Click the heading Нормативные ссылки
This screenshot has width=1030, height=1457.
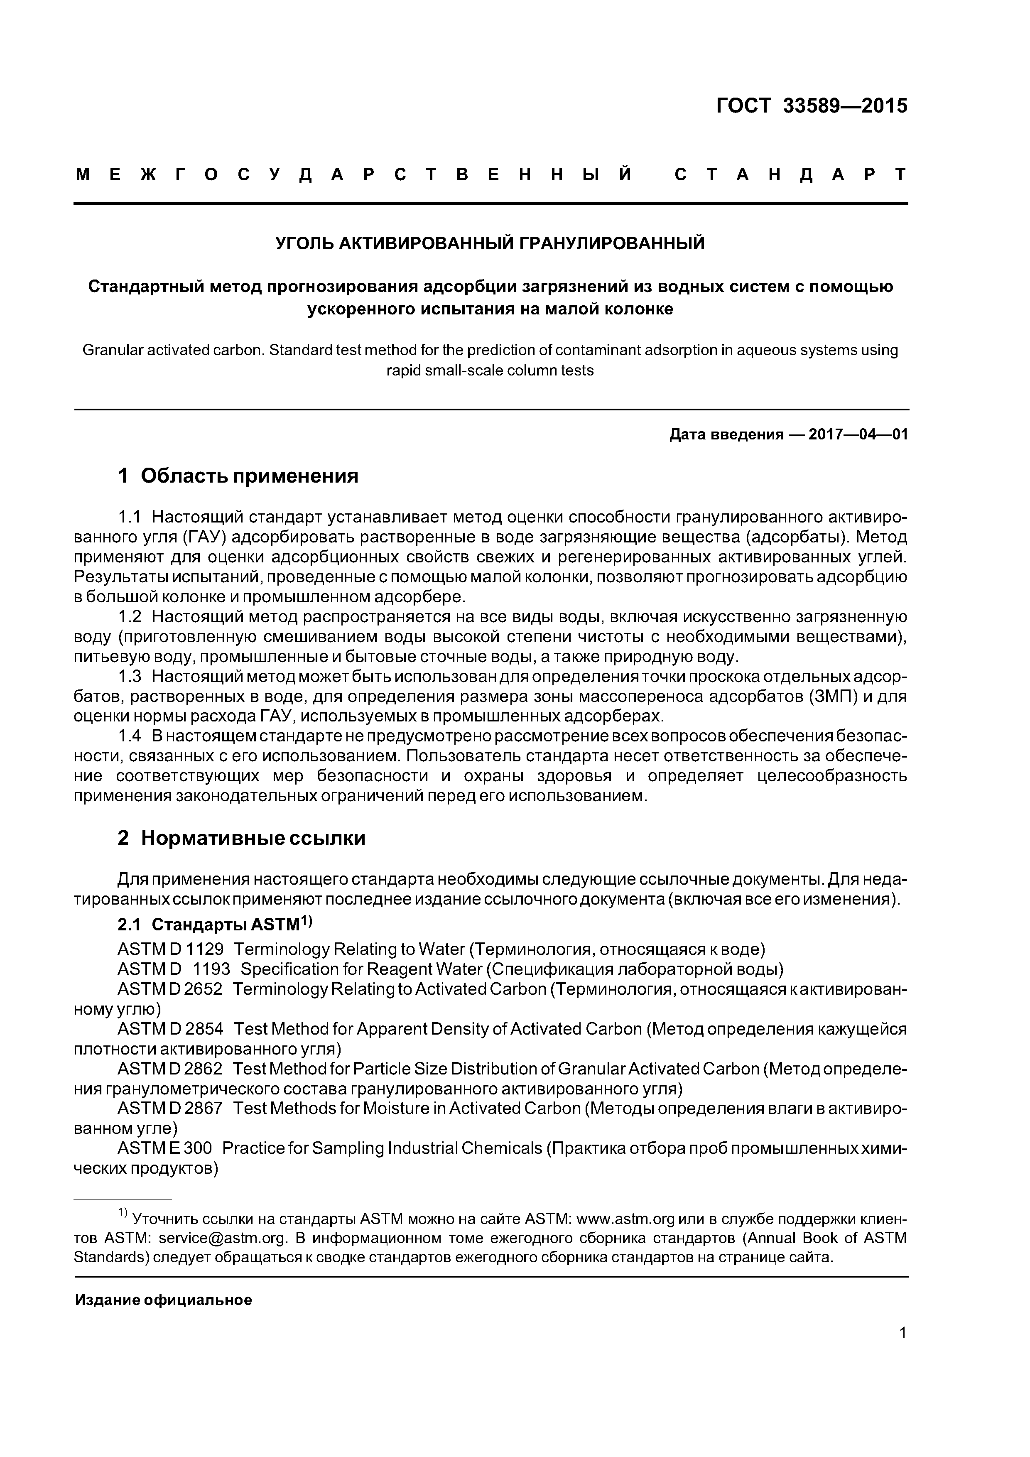[x=253, y=838]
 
